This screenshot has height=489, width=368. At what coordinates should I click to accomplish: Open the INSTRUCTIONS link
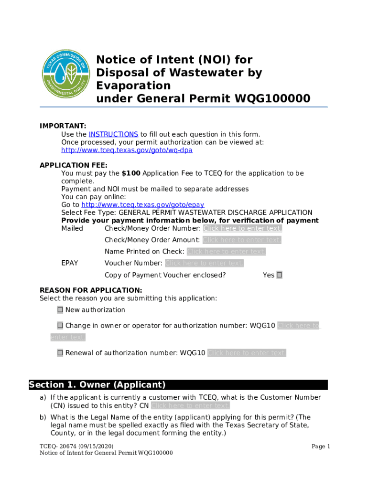tap(113, 134)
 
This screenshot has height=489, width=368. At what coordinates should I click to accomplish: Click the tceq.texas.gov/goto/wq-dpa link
tap(127, 150)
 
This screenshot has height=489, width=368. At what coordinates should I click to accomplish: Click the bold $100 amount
tap(130, 173)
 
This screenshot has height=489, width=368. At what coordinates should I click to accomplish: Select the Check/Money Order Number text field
tap(242, 228)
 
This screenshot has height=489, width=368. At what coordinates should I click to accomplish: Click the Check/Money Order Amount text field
tap(242, 240)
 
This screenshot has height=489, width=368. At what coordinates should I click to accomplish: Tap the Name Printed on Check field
tap(226, 252)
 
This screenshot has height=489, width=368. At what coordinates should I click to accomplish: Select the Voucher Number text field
tap(204, 263)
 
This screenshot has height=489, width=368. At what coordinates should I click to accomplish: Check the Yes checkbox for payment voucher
tap(280, 275)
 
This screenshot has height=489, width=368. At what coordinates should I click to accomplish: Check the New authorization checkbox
tap(60, 310)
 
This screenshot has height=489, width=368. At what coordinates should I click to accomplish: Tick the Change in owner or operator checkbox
tap(60, 326)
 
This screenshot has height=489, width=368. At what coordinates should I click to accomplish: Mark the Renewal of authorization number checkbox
tap(60, 353)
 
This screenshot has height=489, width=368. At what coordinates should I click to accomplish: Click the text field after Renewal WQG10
tap(247, 353)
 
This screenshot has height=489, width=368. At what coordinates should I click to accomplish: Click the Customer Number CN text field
tap(190, 406)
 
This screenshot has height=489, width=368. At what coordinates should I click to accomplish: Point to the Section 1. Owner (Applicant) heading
tap(97, 385)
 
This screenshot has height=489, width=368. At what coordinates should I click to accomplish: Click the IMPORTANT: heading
tap(63, 126)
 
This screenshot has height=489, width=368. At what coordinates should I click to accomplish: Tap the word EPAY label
tap(70, 263)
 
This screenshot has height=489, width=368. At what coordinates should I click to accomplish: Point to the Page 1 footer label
tap(321, 446)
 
